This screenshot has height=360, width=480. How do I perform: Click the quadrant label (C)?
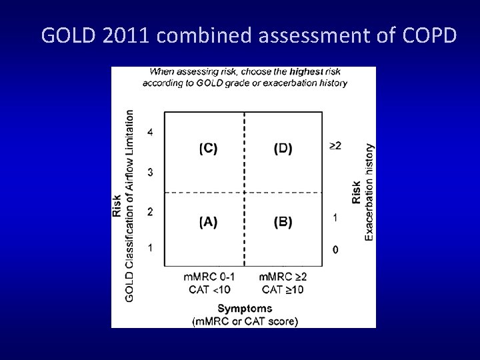[x=208, y=149]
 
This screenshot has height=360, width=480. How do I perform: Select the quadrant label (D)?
[x=283, y=149]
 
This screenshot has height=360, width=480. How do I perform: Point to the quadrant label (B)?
[x=283, y=223]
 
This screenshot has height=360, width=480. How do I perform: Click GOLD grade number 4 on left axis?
[x=150, y=132]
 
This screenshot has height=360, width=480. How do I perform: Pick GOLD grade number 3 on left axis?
[x=150, y=173]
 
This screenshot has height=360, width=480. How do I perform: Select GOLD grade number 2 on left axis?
[x=150, y=212]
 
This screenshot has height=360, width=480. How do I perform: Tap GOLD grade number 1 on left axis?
[x=150, y=248]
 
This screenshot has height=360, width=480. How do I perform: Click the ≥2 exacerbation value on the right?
[x=335, y=145]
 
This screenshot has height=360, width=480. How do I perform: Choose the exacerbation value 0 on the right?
[x=335, y=250]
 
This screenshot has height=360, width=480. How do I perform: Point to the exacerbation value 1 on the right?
[x=335, y=217]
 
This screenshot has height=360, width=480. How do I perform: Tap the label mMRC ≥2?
[x=283, y=277]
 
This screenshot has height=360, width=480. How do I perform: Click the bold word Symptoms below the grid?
[x=245, y=308]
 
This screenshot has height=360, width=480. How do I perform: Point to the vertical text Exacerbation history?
[x=369, y=191]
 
